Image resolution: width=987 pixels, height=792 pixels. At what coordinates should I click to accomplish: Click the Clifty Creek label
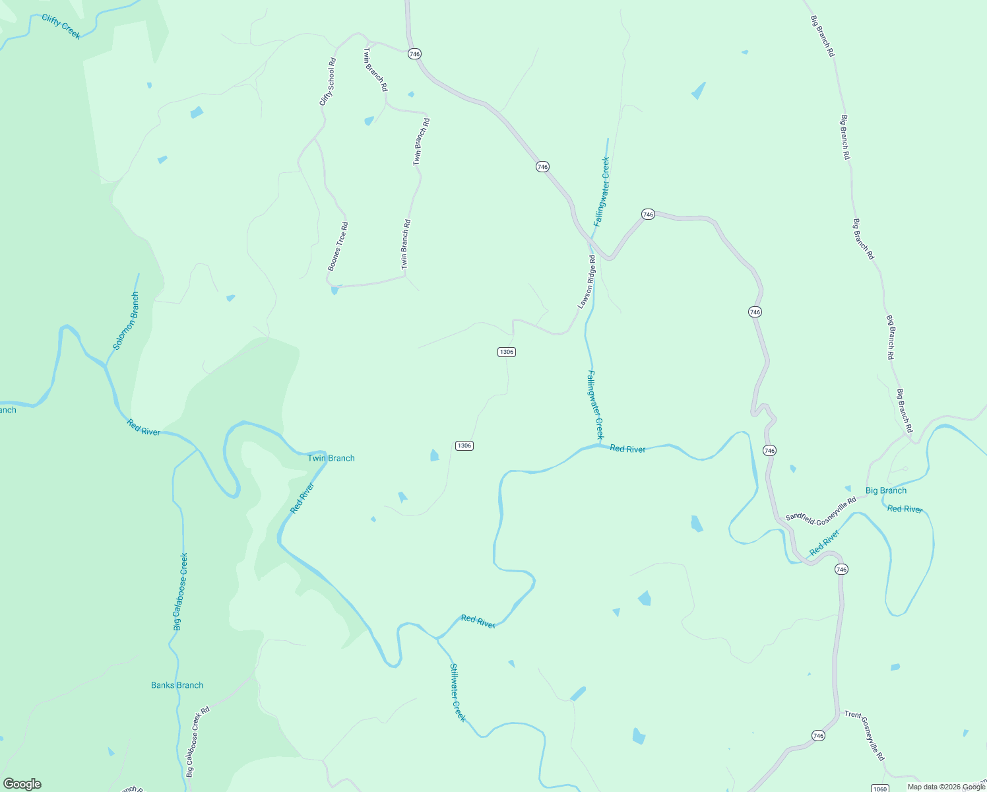click(x=61, y=27)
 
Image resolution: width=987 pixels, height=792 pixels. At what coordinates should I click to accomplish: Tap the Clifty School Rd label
click(x=327, y=82)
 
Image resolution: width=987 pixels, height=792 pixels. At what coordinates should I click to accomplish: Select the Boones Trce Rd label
click(x=338, y=247)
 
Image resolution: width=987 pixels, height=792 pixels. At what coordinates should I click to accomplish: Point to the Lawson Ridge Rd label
click(x=587, y=282)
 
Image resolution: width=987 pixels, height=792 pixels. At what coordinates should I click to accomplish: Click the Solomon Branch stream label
click(x=125, y=321)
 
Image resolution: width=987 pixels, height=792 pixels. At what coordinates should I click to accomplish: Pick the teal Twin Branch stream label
click(x=331, y=458)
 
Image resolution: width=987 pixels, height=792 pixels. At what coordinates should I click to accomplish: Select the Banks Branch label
click(x=177, y=685)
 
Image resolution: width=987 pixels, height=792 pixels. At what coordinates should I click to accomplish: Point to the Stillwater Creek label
click(x=457, y=692)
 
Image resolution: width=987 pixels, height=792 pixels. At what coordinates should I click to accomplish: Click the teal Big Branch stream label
click(x=885, y=490)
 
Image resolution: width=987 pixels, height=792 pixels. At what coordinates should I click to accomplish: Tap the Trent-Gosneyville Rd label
click(x=864, y=735)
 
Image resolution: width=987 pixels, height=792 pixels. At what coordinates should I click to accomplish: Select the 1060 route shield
click(x=879, y=789)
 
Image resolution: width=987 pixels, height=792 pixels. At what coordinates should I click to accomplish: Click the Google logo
click(x=22, y=784)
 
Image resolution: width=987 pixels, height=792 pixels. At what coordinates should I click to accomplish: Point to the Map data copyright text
click(x=945, y=787)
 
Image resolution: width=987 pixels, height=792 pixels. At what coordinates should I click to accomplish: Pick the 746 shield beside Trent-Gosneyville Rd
click(x=818, y=735)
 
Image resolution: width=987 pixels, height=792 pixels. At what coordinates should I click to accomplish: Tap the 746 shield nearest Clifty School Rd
click(x=414, y=54)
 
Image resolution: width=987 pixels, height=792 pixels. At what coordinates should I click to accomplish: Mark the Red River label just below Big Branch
click(x=905, y=509)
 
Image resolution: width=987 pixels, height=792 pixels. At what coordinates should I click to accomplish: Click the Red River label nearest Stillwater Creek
click(x=478, y=621)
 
